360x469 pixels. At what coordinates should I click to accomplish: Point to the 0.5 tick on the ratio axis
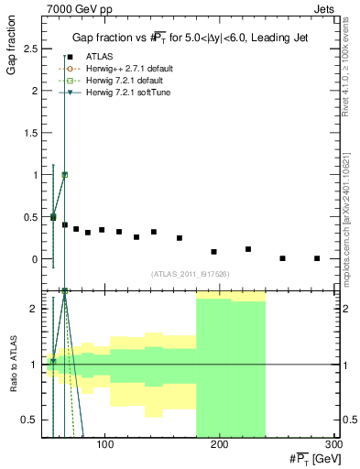coord(30,420)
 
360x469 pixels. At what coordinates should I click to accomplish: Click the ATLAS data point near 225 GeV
coord(248,249)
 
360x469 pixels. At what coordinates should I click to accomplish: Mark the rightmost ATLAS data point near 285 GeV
coord(317,258)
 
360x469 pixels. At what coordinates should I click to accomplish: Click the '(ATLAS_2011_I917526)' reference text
coord(188,274)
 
